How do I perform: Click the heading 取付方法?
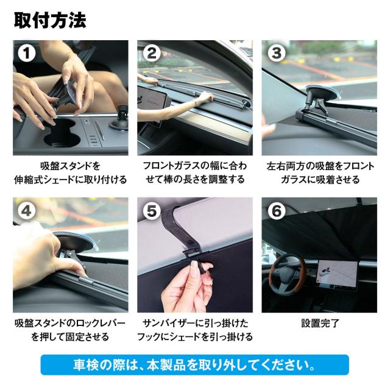[x=50, y=20]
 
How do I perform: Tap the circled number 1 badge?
[x=26, y=54]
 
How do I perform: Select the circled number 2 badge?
[x=152, y=54]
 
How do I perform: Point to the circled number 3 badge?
[x=276, y=54]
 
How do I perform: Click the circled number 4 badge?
[x=26, y=211]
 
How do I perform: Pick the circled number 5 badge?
[x=152, y=211]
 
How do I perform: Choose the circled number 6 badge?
[x=276, y=211]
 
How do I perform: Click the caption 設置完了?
[x=320, y=323]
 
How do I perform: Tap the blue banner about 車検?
[x=195, y=364]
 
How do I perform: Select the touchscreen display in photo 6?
[x=338, y=274]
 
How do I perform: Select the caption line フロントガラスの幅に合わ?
[x=195, y=166]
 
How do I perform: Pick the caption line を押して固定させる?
[x=71, y=337]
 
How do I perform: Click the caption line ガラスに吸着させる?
[x=320, y=180]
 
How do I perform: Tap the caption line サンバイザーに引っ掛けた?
[x=195, y=323]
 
